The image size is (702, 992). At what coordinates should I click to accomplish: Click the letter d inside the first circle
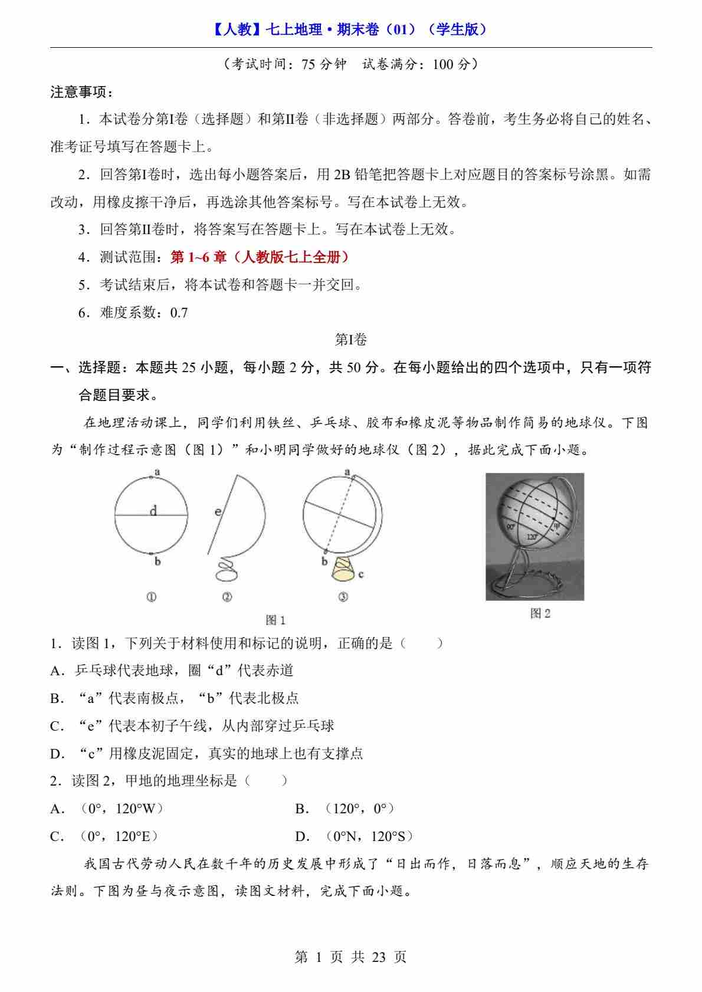tap(153, 511)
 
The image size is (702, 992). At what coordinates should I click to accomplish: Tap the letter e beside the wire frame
tap(218, 511)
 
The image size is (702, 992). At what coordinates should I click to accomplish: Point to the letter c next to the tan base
tap(360, 573)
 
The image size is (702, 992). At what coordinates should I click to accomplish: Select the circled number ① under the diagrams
tap(151, 597)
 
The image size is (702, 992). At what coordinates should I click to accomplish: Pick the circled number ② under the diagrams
tap(227, 597)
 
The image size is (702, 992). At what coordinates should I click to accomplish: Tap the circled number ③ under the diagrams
tap(343, 597)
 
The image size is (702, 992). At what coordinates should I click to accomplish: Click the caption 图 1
tap(275, 620)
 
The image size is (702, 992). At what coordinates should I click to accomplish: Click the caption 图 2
tap(540, 613)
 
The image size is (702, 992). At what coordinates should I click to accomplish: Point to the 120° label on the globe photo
tap(532, 537)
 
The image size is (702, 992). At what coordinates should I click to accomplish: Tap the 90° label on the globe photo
tap(511, 527)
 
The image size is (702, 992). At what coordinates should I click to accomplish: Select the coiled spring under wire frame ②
tap(227, 569)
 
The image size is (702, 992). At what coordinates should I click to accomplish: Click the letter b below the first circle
tap(158, 561)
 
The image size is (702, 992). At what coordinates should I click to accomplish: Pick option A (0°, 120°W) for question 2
tap(107, 809)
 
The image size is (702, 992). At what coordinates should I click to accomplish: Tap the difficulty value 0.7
tap(179, 313)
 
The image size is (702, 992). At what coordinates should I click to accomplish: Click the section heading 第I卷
tap(351, 340)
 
